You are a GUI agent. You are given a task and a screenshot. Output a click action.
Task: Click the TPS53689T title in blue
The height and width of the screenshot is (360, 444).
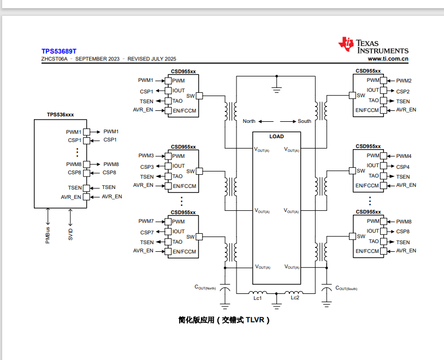pos(59,51)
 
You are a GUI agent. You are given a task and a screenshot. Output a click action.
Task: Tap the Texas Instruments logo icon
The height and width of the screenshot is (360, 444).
pos(346,44)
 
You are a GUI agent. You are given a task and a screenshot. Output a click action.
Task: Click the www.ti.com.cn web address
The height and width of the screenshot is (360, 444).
pos(388,58)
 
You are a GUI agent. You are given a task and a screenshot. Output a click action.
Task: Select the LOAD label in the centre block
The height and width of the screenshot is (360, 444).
pos(276,137)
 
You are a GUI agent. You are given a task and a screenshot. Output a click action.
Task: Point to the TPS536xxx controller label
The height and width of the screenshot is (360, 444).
pos(60,115)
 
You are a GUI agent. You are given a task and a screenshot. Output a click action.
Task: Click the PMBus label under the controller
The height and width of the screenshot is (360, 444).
pos(48,235)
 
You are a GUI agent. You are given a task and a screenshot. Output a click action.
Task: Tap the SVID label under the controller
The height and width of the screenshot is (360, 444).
pos(70,234)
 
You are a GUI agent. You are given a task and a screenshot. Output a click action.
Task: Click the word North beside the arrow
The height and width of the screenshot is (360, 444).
pos(249,121)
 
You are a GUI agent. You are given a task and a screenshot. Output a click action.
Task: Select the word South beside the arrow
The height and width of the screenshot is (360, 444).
pos(304,121)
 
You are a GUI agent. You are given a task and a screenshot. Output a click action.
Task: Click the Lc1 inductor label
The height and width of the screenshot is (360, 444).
pos(257,298)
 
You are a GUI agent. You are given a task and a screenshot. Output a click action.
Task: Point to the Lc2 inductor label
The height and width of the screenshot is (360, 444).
pos(295,298)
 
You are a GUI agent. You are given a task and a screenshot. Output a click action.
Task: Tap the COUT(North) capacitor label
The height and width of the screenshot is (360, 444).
pos(205,287)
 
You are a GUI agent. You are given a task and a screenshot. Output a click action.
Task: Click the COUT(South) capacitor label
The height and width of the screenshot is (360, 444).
pos(346,288)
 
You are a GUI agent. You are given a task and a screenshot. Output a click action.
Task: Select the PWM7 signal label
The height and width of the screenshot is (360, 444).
pos(146,221)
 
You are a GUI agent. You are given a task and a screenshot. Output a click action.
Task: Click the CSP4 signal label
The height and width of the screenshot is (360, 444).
pos(402,167)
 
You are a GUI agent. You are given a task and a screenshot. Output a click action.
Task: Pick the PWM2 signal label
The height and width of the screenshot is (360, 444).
pos(404,81)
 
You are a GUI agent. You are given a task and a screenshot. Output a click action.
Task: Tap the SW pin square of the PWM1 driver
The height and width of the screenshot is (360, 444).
pos(199,96)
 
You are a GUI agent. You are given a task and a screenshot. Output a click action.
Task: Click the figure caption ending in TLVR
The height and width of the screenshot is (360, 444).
pos(224,320)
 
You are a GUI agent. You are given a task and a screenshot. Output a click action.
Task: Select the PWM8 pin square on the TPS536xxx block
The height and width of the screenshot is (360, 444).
pos(87,164)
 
